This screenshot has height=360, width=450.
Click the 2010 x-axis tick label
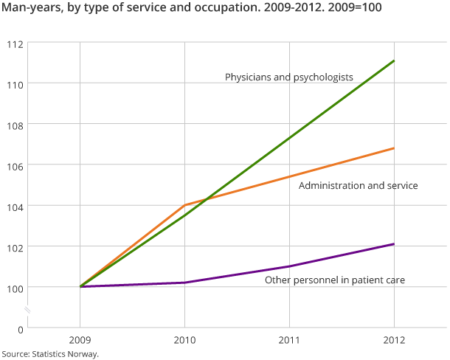(x=184, y=341)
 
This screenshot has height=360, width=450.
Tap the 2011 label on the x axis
(x=289, y=341)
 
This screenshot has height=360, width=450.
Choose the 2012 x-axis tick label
(x=394, y=341)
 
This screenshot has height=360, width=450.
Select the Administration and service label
(x=358, y=186)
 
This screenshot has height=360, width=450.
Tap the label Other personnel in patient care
(x=335, y=280)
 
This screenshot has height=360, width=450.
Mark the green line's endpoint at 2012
(x=394, y=60)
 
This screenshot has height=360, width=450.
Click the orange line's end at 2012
(x=394, y=148)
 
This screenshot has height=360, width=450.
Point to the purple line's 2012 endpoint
(x=394, y=244)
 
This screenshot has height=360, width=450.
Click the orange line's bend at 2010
(x=184, y=205)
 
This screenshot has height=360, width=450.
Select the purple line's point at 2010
(x=184, y=283)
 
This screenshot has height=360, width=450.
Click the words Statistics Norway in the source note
(x=66, y=354)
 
